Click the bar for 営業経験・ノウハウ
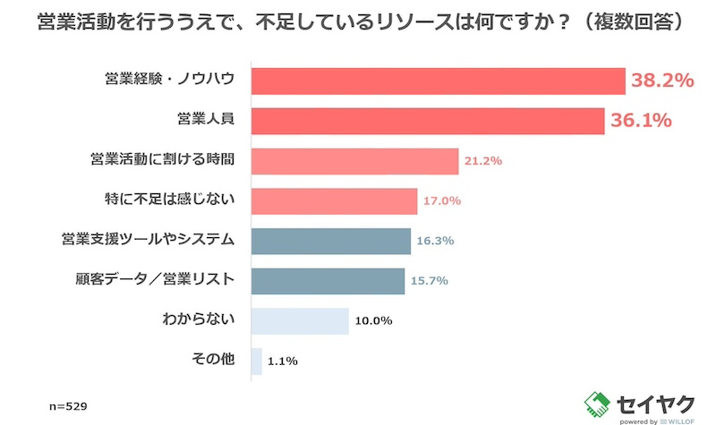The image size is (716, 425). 438,81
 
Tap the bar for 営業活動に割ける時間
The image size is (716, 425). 355,161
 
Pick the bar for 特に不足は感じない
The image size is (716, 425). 335,201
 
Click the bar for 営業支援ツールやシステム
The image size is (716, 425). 331,241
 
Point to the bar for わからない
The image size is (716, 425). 300,321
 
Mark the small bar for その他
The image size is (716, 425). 257,361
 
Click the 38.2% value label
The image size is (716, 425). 663,81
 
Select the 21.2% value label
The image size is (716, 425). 483,161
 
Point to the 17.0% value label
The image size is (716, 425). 442,201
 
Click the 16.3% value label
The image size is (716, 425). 436,242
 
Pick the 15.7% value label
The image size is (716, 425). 430,281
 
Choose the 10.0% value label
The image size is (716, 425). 373,321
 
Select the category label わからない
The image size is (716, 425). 197,319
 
